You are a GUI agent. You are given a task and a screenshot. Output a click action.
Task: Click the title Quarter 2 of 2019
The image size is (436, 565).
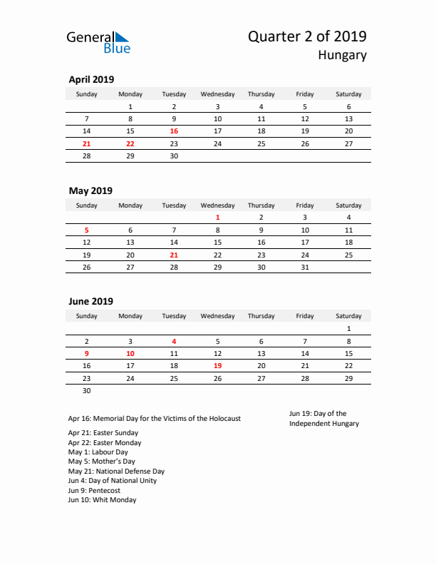[307, 36]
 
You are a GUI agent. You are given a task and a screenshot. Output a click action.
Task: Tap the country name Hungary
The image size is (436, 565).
[342, 56]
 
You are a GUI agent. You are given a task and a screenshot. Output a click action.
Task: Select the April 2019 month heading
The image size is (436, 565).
[91, 80]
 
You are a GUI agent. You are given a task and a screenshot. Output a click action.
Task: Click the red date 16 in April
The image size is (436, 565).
[174, 131]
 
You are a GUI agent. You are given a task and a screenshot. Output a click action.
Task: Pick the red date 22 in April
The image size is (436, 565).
[130, 143]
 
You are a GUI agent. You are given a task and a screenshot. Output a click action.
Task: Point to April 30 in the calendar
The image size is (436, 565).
[174, 156]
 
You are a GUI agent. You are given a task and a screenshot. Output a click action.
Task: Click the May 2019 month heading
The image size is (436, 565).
[90, 190]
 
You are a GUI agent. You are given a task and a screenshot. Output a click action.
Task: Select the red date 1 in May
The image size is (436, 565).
[217, 218]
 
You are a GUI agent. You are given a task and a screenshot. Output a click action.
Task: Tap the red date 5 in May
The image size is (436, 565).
[87, 230]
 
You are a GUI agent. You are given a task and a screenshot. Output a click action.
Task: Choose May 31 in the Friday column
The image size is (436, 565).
[305, 267]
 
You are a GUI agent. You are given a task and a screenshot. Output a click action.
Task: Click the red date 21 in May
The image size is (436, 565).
[174, 255]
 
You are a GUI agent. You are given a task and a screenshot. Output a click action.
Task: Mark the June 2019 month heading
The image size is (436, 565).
[90, 302]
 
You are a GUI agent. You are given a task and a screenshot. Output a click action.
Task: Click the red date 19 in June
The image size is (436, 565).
[217, 365]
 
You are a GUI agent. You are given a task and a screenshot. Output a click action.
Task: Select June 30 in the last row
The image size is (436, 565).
[87, 390]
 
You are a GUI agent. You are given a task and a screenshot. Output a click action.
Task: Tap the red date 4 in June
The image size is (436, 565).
[174, 341]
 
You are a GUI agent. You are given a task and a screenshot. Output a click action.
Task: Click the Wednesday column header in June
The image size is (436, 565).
[217, 316]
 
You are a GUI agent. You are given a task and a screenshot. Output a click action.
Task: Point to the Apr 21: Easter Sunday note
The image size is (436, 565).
[103, 433]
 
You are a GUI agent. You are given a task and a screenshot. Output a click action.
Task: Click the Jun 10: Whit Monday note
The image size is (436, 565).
[102, 500]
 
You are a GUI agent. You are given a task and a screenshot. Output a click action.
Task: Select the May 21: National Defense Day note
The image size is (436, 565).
[116, 472]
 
